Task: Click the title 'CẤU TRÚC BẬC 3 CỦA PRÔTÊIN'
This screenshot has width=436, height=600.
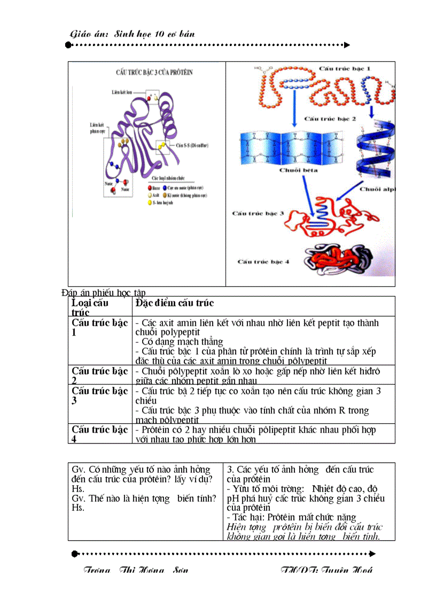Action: (x=154, y=72)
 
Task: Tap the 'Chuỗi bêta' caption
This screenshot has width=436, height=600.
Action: (x=298, y=170)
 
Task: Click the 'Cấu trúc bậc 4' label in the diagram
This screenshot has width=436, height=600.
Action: (x=263, y=262)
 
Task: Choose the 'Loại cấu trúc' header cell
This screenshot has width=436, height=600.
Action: (x=90, y=307)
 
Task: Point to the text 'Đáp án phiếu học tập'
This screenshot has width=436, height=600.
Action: (x=104, y=292)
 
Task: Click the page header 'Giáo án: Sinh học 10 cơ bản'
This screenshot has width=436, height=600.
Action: (x=133, y=34)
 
